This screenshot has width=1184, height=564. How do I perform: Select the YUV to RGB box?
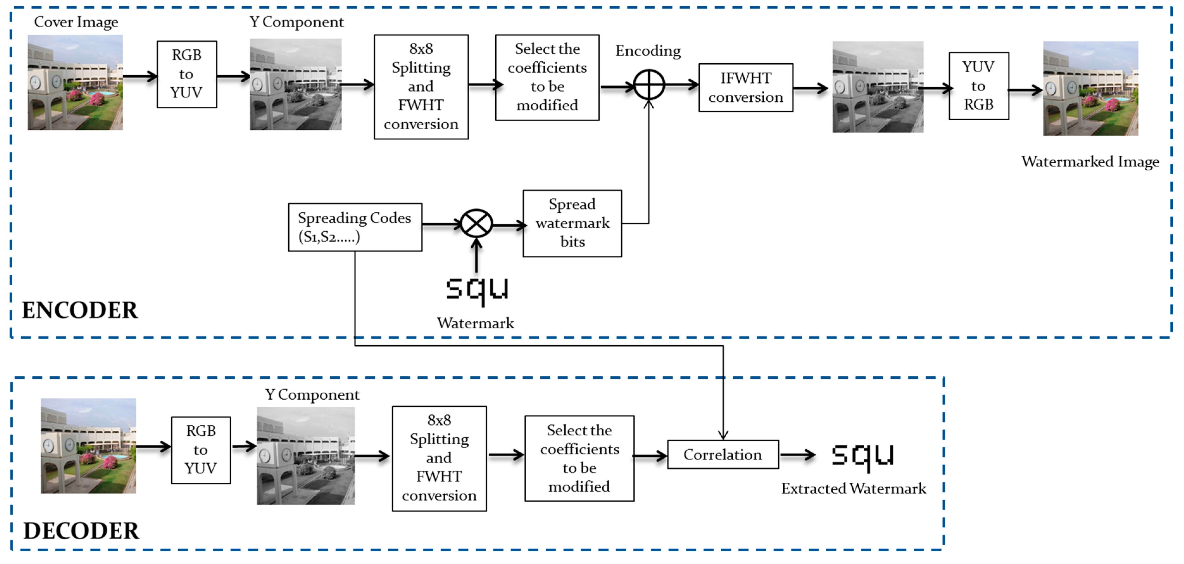pos(979,86)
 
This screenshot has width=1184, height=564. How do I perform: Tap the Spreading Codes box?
pos(355,227)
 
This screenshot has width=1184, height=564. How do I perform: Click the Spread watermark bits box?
pos(572,223)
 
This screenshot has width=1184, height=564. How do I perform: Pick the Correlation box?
pos(723,454)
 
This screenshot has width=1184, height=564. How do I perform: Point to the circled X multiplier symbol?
pos(476,224)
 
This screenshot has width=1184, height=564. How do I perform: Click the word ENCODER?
pos(79,310)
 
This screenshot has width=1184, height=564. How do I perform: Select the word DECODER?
pos(81,530)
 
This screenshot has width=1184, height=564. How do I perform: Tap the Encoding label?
pos(648,51)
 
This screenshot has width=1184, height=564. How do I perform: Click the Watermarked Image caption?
pos(1090,161)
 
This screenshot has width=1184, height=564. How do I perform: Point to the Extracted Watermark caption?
pos(854,488)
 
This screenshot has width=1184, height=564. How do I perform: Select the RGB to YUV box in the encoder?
pos(187,74)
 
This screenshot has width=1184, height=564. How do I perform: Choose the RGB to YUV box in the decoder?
pos(201,450)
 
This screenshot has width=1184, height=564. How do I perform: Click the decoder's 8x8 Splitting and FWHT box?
pos(439,458)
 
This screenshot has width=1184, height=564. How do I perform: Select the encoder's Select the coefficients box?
pos(547,77)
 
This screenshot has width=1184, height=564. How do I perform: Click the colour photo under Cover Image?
pos(75,83)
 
